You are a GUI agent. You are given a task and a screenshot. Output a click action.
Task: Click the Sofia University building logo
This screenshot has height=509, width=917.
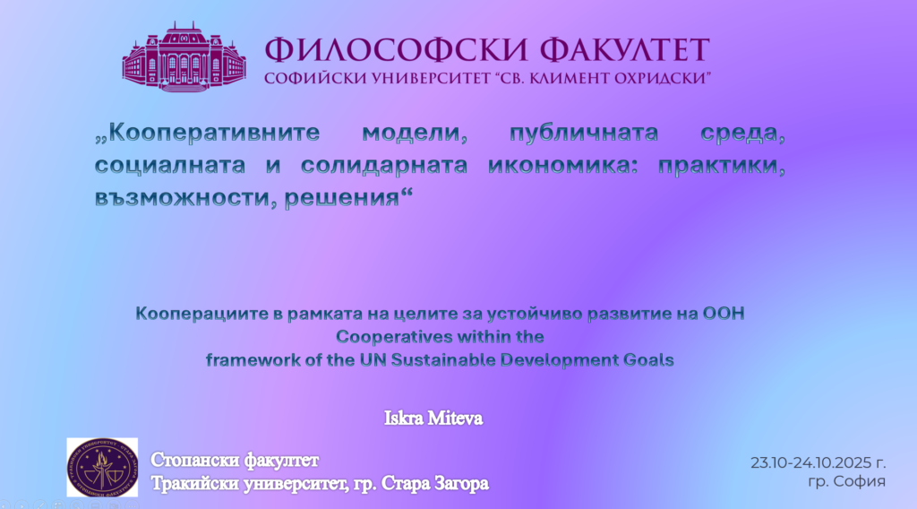click(x=184, y=56)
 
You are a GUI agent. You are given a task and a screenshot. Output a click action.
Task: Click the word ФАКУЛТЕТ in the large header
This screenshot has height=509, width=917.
click(x=624, y=49)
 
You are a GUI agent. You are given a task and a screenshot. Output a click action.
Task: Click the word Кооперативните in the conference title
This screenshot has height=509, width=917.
click(x=208, y=133)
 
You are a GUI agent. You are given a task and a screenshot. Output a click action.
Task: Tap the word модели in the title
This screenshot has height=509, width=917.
click(x=415, y=133)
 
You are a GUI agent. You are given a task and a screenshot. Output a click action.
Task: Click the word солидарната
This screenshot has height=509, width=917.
click(x=384, y=166)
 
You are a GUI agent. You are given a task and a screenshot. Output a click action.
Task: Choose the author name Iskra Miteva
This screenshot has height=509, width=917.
click(x=433, y=418)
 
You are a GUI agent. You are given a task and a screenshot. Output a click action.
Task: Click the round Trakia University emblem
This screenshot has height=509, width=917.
click(x=102, y=468)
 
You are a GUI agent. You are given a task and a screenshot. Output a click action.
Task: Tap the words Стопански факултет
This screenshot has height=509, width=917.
click(x=235, y=461)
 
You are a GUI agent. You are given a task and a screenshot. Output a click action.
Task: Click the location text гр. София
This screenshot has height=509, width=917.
click(x=847, y=481)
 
